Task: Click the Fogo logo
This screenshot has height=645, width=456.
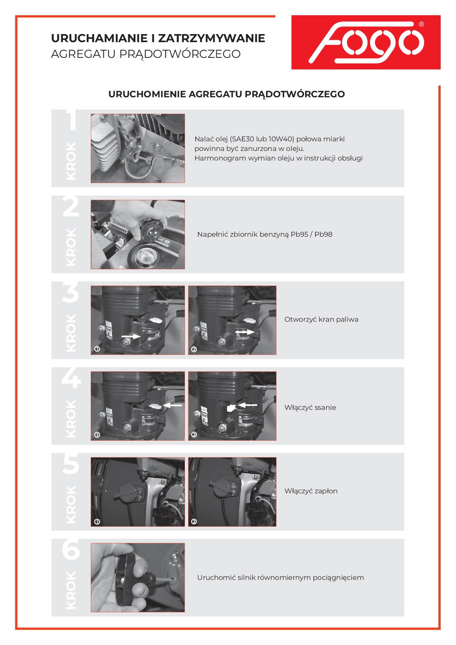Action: point(366,43)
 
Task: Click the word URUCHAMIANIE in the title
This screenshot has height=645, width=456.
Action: point(99,38)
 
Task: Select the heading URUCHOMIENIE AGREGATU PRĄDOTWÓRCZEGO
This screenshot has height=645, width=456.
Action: point(227,94)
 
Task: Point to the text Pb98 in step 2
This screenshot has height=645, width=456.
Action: point(323,234)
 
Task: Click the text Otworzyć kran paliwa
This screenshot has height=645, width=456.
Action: point(321,319)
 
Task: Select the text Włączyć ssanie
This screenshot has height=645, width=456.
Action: point(310,408)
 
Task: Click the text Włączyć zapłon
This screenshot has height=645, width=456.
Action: point(311,491)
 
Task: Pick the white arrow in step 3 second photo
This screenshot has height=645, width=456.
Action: point(245,332)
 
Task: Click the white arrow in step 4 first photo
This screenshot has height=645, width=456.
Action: point(172,405)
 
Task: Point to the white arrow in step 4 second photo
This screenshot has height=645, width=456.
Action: point(247,405)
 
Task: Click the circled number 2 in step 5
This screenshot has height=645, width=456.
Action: point(194,521)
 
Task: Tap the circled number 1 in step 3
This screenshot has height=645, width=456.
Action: point(97,349)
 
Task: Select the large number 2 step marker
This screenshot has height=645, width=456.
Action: point(71,206)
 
